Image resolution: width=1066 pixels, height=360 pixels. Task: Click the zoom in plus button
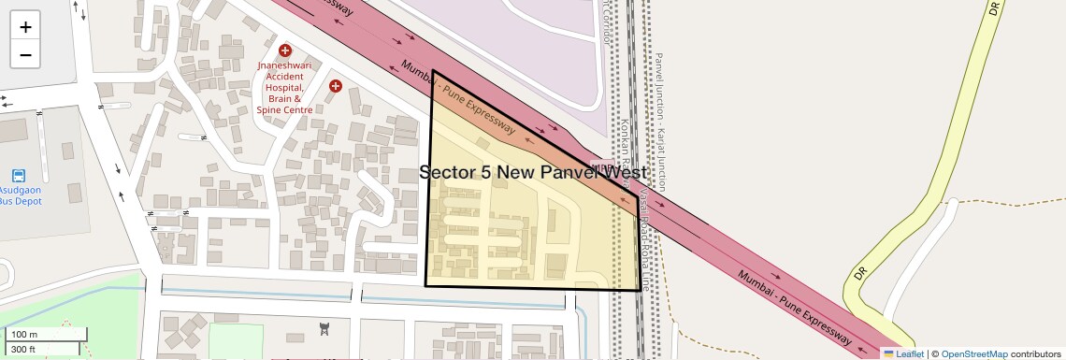[x=25, y=26]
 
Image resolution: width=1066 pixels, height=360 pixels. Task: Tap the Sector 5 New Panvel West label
[x=533, y=173]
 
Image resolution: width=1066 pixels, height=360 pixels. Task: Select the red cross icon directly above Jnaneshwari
[x=285, y=50]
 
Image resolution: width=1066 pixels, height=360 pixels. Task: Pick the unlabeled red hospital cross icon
[x=336, y=86]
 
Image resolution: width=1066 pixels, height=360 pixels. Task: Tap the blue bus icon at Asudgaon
[x=19, y=175]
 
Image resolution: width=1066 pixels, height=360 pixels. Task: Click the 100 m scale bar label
[x=25, y=335]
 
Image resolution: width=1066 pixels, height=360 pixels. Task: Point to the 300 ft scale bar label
[x=24, y=350]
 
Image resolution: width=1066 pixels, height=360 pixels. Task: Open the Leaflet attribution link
[x=910, y=353]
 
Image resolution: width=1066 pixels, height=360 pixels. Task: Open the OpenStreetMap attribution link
[x=974, y=353]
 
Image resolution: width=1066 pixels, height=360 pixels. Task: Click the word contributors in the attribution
[x=1035, y=353]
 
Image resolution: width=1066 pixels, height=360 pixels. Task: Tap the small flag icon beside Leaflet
[x=888, y=353]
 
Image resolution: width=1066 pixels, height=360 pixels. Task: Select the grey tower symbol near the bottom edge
[x=324, y=328]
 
